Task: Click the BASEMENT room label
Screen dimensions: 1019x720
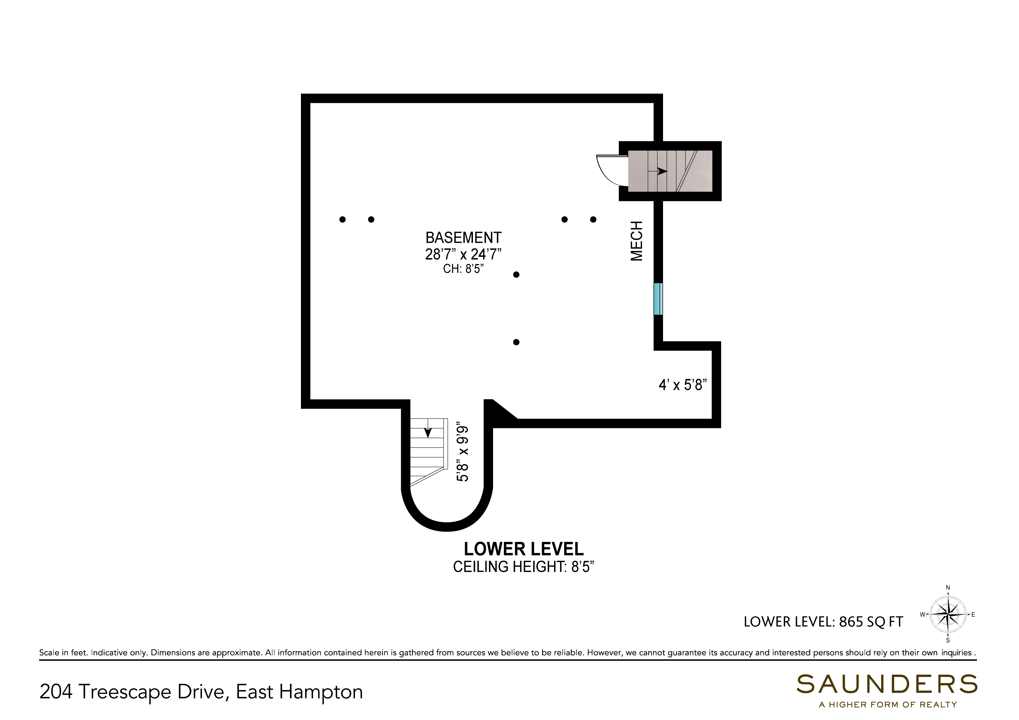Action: pos(463,238)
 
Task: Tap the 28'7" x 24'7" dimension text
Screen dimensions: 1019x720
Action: pos(463,255)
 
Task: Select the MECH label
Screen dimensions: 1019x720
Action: pos(637,241)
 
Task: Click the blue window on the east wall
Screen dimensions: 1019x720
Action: pos(658,299)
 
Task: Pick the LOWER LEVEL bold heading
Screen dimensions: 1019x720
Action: pos(524,549)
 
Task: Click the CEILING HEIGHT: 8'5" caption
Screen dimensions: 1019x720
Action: pos(524,567)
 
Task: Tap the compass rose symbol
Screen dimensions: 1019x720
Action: pos(948,615)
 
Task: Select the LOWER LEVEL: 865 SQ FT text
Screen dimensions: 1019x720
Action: pos(823,622)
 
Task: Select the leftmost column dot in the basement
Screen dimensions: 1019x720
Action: pos(342,219)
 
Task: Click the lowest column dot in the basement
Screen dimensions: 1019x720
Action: pos(516,342)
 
